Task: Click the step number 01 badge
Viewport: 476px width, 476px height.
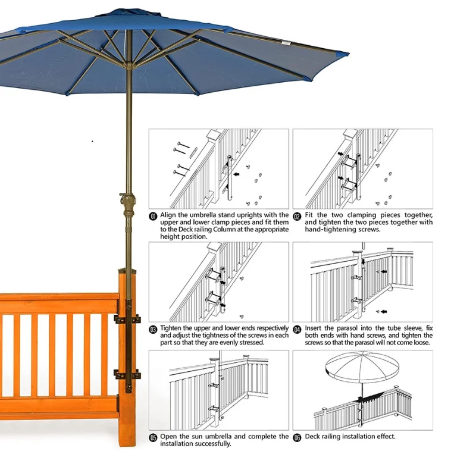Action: pyautogui.click(x=153, y=215)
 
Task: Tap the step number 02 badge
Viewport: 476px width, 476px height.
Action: pyautogui.click(x=297, y=215)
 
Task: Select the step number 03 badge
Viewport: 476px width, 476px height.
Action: pyautogui.click(x=153, y=328)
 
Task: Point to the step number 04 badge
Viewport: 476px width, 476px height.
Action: pyautogui.click(x=297, y=328)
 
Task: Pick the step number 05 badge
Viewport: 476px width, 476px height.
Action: pyautogui.click(x=153, y=437)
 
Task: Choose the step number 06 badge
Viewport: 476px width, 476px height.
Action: pyautogui.click(x=297, y=437)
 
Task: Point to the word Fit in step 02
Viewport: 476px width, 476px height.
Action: pyautogui.click(x=310, y=215)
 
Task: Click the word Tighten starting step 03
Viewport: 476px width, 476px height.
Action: pyautogui.click(x=173, y=328)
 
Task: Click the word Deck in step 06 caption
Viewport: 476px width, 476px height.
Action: pyautogui.click(x=314, y=437)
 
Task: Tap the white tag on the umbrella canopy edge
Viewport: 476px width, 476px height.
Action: pyautogui.click(x=287, y=43)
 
